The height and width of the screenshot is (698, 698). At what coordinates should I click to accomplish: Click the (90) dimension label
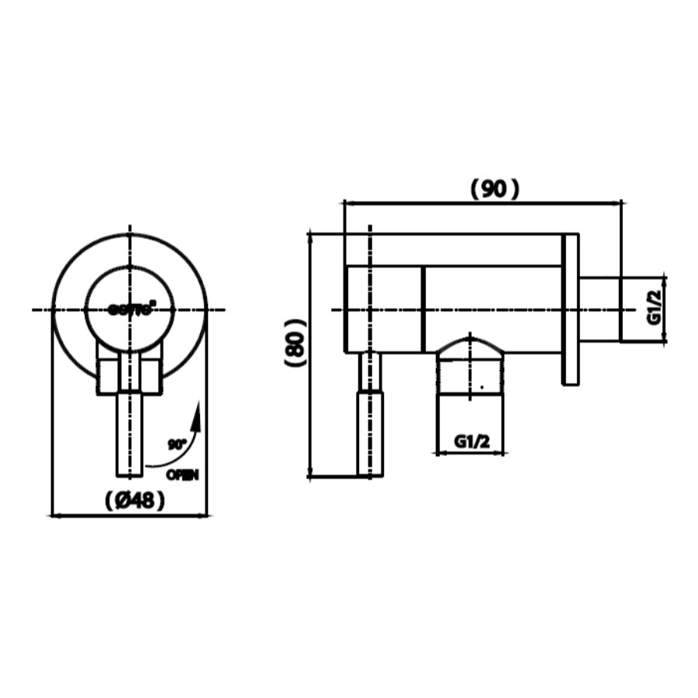495,188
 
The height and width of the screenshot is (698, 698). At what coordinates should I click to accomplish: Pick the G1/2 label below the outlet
472,441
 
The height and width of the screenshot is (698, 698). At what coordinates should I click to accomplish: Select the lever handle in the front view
130,434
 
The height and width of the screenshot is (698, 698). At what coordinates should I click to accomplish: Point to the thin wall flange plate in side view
570,309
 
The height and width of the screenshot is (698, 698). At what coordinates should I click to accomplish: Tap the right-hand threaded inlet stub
600,309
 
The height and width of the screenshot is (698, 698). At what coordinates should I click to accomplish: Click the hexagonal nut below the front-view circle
130,375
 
